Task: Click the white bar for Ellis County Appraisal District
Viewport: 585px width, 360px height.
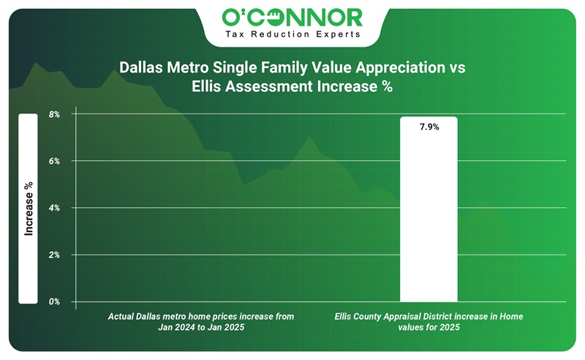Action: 429,220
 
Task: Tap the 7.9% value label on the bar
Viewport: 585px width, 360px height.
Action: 429,127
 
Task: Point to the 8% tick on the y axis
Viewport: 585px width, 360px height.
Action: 54,114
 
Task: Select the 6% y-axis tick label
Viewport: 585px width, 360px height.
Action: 54,161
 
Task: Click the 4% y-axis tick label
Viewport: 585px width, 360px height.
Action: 54,208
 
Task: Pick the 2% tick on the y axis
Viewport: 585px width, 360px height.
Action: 54,255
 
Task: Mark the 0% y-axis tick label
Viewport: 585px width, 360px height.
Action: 54,301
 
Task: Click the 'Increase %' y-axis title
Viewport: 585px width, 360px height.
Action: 29,209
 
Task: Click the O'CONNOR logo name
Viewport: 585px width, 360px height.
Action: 292,17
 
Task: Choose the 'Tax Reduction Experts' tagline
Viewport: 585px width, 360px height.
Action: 292,34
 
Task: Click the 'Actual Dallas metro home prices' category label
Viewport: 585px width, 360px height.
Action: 201,316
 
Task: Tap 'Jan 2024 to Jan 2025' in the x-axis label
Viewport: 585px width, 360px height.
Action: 201,328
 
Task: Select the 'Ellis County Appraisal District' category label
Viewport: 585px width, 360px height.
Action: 429,316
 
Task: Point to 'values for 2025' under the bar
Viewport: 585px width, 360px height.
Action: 429,328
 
